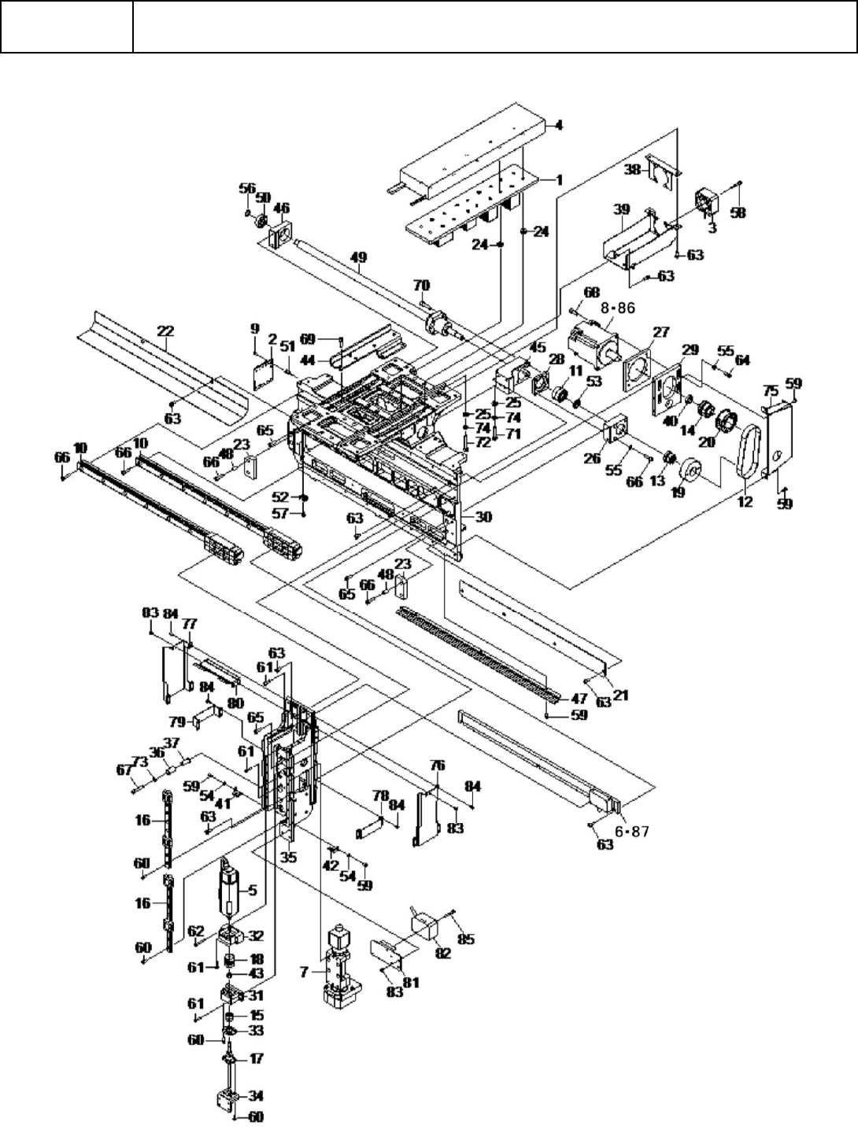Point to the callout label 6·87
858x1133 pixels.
(x=629, y=832)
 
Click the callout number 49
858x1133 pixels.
(x=358, y=256)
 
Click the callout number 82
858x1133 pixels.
(x=442, y=953)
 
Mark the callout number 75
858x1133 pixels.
(x=771, y=389)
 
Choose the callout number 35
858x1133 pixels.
(x=289, y=857)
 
